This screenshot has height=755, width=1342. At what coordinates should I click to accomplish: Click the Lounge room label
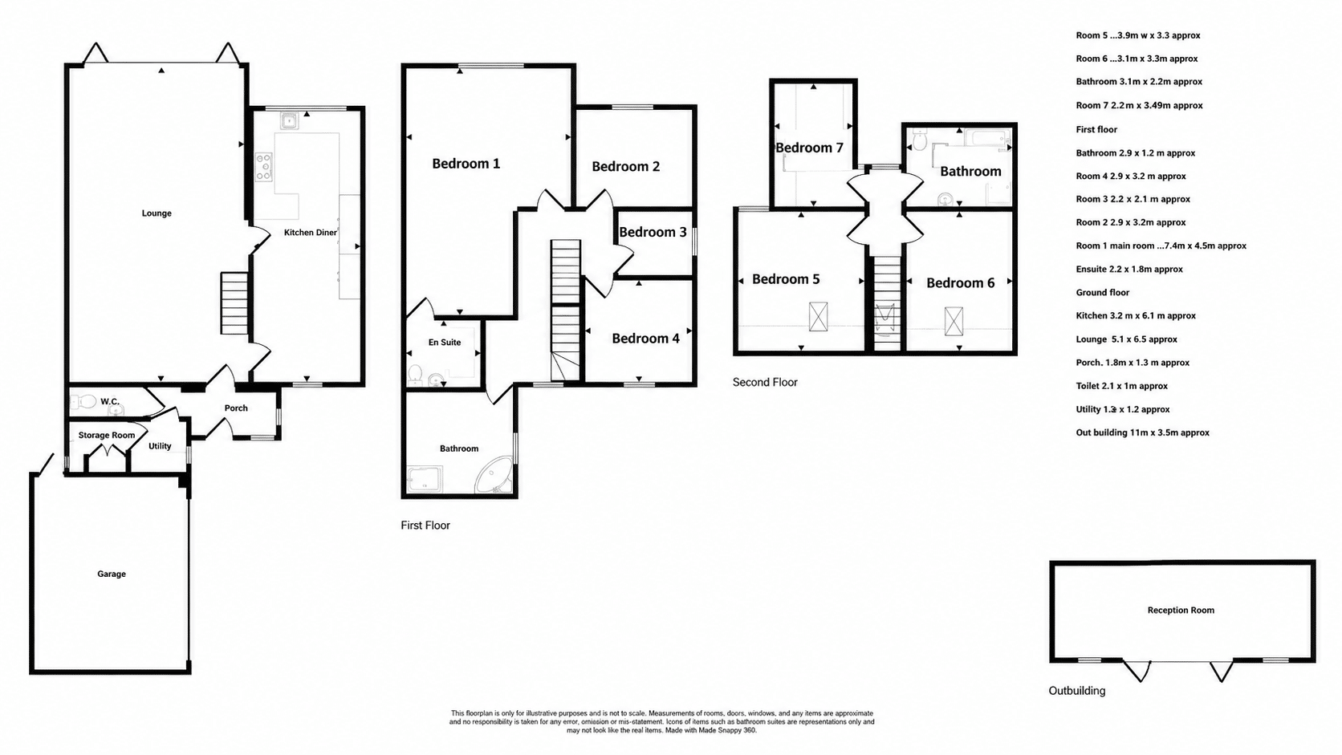(157, 213)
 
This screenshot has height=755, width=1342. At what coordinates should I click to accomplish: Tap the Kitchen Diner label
(311, 233)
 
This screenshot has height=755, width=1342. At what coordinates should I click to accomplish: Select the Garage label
(112, 574)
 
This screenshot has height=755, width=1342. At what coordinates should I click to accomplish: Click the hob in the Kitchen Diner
(263, 166)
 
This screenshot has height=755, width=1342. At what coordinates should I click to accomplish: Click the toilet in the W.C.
(83, 401)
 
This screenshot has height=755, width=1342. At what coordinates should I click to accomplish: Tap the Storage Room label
(107, 436)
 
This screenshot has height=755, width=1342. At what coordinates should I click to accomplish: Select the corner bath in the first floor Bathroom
(494, 477)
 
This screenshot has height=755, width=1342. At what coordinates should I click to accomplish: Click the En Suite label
(445, 343)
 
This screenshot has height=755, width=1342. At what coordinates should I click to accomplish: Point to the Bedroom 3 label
(653, 232)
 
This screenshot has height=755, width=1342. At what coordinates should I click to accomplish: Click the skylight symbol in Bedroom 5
(819, 317)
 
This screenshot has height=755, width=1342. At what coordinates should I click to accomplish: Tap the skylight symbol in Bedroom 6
(954, 321)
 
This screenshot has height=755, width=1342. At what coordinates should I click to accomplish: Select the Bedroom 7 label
(809, 148)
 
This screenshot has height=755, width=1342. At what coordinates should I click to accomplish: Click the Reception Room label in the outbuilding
(1181, 610)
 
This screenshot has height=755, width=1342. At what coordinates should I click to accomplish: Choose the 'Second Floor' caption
(765, 382)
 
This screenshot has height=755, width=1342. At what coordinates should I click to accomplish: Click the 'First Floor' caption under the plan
(425, 525)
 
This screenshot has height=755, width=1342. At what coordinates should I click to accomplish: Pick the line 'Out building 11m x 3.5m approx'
(1142, 432)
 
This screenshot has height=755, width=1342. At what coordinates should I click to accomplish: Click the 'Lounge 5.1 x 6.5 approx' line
(1126, 339)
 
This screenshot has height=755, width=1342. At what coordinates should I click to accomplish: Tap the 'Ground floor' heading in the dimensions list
(1102, 292)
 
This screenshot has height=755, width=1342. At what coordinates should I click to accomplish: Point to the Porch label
(236, 408)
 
